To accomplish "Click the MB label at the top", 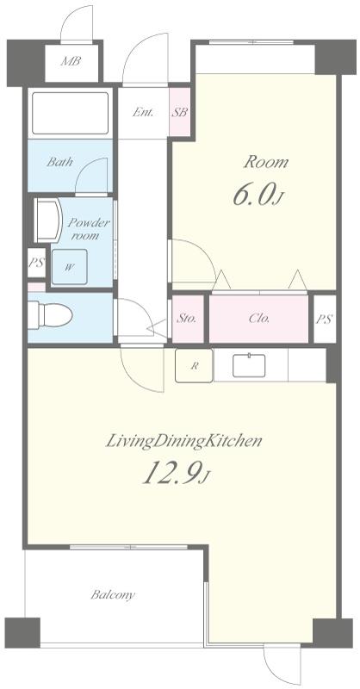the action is [x=71, y=61].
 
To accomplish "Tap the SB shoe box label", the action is [x=179, y=113].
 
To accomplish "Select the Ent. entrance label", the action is [x=143, y=113].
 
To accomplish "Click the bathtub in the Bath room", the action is [x=71, y=113].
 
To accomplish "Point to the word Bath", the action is [x=59, y=162].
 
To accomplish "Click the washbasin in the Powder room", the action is [x=48, y=220].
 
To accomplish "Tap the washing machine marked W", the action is [x=70, y=267].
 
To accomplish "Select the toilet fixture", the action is [x=50, y=315].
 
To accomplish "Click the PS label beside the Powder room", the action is [x=36, y=264].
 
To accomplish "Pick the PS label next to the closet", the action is [x=324, y=320].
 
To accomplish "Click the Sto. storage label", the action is [x=187, y=319].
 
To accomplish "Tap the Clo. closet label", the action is [x=259, y=319].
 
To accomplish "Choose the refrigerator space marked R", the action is [x=194, y=365].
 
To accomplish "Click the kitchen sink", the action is [x=249, y=365].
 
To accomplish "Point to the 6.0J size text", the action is [x=256, y=196].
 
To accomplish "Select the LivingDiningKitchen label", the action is [x=183, y=441].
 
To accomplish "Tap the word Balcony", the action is [x=113, y=595].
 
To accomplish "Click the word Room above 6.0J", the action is [x=266, y=162].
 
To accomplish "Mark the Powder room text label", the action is [x=88, y=228].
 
